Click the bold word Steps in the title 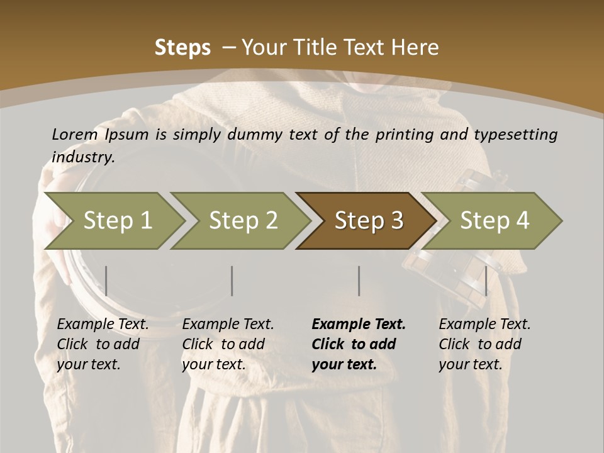point(182,48)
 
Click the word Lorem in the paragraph point(74,135)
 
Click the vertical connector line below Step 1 point(106,281)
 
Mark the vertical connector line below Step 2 point(232,281)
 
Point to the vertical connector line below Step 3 point(359,281)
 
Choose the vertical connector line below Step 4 point(486,281)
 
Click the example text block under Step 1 point(103,344)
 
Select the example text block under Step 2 point(228,344)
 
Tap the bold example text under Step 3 point(358,344)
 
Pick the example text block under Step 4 point(484,344)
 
